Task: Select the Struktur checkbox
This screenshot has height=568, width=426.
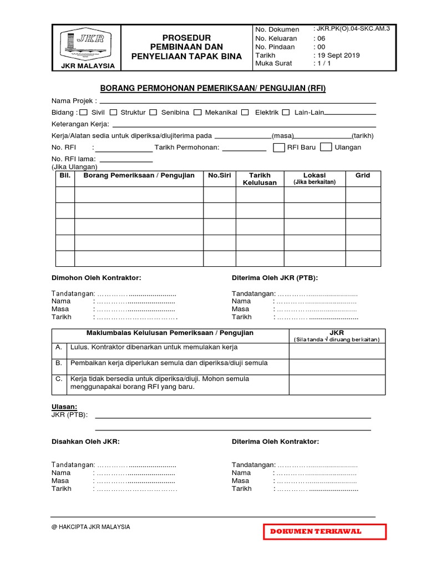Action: [x=113, y=113]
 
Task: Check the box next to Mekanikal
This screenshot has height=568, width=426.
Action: [x=197, y=113]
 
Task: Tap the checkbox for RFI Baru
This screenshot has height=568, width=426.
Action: [x=279, y=147]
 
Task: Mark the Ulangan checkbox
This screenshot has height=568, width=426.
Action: [x=327, y=147]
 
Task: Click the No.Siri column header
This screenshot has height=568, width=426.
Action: [x=219, y=175]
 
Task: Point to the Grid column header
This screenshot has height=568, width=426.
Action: [x=363, y=175]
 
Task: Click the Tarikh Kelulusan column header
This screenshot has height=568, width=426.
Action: [x=260, y=179]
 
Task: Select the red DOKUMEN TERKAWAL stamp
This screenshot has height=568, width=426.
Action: [x=324, y=531]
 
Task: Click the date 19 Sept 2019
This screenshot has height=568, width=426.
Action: [x=337, y=55]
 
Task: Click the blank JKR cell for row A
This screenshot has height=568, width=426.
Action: [x=337, y=351]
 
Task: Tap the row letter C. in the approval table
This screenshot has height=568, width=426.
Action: [x=58, y=379]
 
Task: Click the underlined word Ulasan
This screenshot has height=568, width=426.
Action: [x=64, y=407]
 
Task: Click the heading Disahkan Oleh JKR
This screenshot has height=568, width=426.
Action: [x=85, y=442]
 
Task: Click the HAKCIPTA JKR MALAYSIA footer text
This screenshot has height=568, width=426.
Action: [x=91, y=527]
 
